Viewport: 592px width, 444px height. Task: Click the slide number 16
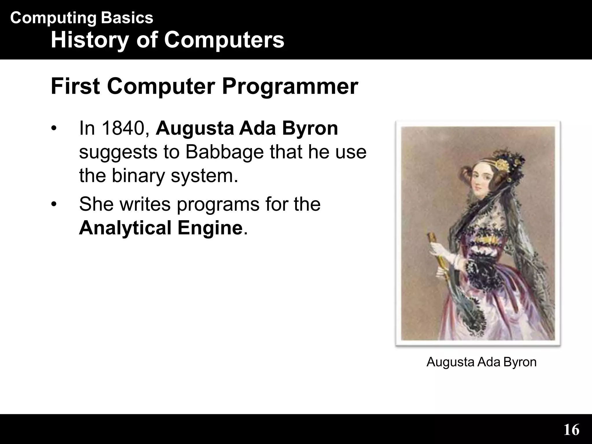pos(571,430)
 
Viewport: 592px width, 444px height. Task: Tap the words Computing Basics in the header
pos(82,18)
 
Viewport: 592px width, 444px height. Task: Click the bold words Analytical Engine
pos(161,228)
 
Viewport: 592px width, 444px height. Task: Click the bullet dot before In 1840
pos(53,129)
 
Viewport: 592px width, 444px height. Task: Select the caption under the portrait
pos(481,362)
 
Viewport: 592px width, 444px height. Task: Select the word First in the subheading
pos(75,86)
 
